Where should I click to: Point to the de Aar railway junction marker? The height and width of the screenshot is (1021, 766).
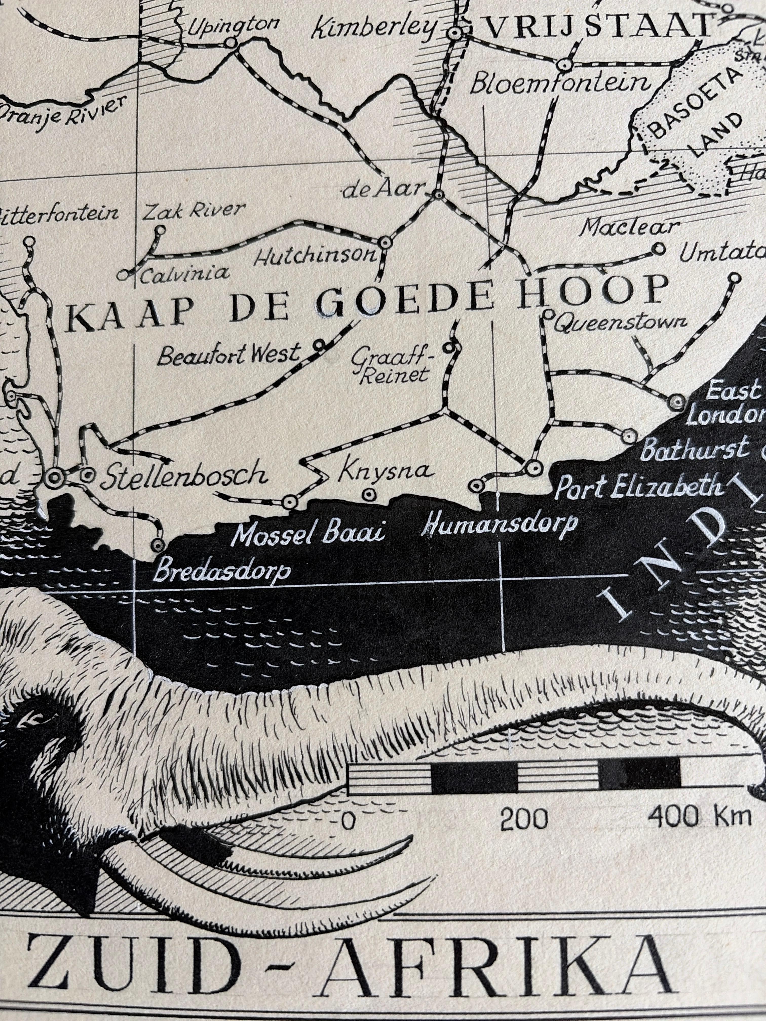pyautogui.click(x=437, y=195)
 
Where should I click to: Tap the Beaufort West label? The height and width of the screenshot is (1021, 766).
pyautogui.click(x=228, y=356)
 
